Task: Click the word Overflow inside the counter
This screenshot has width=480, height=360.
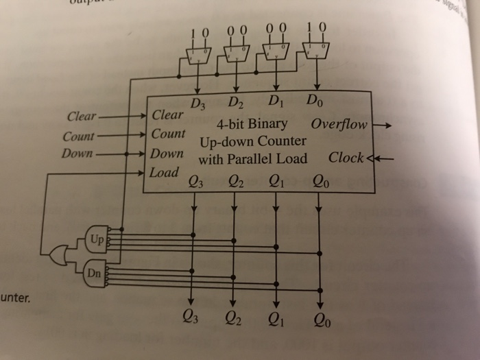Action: [x=339, y=126]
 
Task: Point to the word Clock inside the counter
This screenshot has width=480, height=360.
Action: [x=346, y=158]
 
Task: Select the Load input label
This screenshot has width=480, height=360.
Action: [x=165, y=171]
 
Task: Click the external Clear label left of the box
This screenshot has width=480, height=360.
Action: [x=82, y=115]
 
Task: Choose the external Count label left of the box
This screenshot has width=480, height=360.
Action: [x=78, y=136]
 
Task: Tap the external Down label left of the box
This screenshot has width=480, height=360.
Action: [x=76, y=152]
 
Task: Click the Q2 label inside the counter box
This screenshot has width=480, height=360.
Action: [x=235, y=183]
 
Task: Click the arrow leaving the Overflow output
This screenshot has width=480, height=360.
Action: [x=383, y=126]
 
